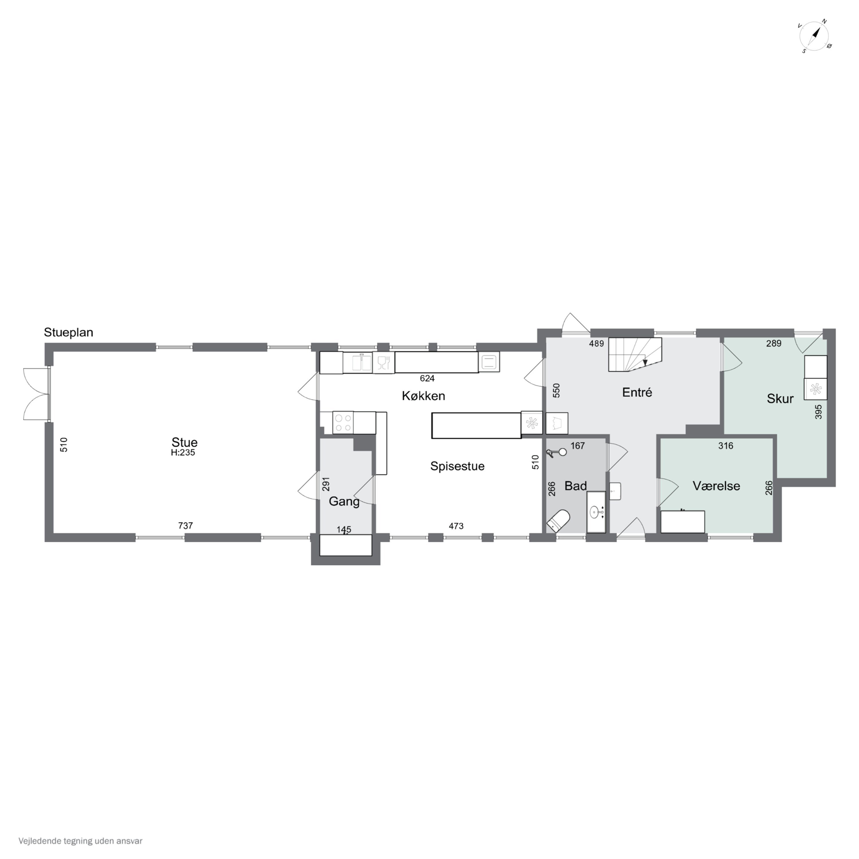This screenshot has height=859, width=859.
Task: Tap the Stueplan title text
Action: [68, 332]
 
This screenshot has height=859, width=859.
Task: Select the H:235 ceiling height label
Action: [183, 453]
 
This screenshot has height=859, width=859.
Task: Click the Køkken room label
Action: [423, 396]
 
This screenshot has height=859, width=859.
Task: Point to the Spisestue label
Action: [457, 466]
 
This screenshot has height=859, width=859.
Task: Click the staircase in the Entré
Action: [635, 354]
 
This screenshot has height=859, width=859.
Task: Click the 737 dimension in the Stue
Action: [186, 525]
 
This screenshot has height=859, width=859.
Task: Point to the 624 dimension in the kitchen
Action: [427, 378]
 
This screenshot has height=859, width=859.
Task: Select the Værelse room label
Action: [716, 486]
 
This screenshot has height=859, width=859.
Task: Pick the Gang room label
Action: [344, 502]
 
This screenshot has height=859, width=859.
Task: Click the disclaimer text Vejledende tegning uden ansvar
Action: [80, 841]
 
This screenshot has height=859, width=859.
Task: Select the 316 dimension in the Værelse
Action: [726, 446]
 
